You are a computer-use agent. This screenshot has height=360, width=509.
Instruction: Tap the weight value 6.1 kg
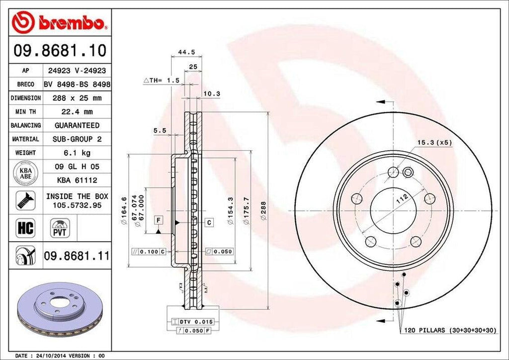[x=77, y=153]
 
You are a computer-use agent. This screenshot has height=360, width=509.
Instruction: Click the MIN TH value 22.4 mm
[x=77, y=112]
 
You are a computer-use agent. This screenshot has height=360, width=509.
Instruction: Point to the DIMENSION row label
[x=25, y=98]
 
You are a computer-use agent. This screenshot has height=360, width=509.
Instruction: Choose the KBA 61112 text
[x=77, y=180]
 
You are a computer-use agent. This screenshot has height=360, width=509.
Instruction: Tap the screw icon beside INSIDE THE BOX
[x=25, y=200]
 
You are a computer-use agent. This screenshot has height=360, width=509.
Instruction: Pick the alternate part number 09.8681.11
[x=77, y=256]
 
